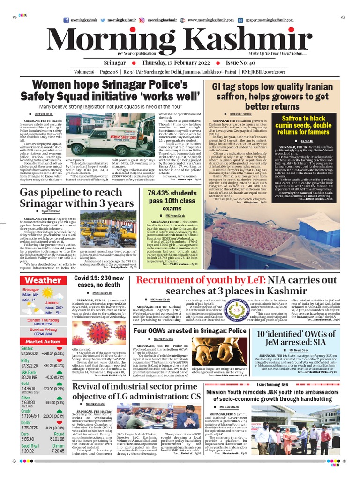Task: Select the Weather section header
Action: [x=43, y=280]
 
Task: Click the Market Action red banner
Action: [x=43, y=342]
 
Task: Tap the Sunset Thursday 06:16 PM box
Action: [x=43, y=322]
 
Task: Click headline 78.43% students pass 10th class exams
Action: [x=172, y=201]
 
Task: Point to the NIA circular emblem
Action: [x=240, y=310]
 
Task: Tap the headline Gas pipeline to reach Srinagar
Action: [x=76, y=198]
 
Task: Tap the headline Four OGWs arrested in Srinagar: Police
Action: [x=190, y=330]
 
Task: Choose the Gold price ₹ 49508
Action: [x=29, y=389]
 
